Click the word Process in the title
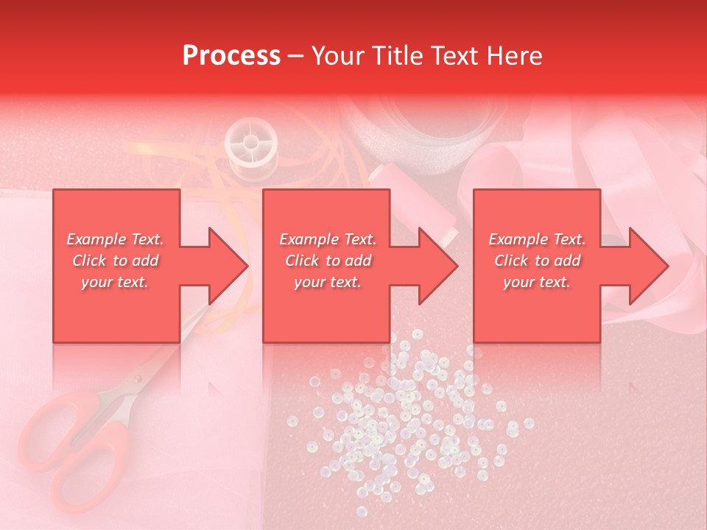pos(231,56)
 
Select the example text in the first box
pos(116,261)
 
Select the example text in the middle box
pos(328,261)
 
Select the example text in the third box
pos(537,261)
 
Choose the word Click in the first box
pos(90,261)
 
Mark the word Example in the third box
pos(518,239)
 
